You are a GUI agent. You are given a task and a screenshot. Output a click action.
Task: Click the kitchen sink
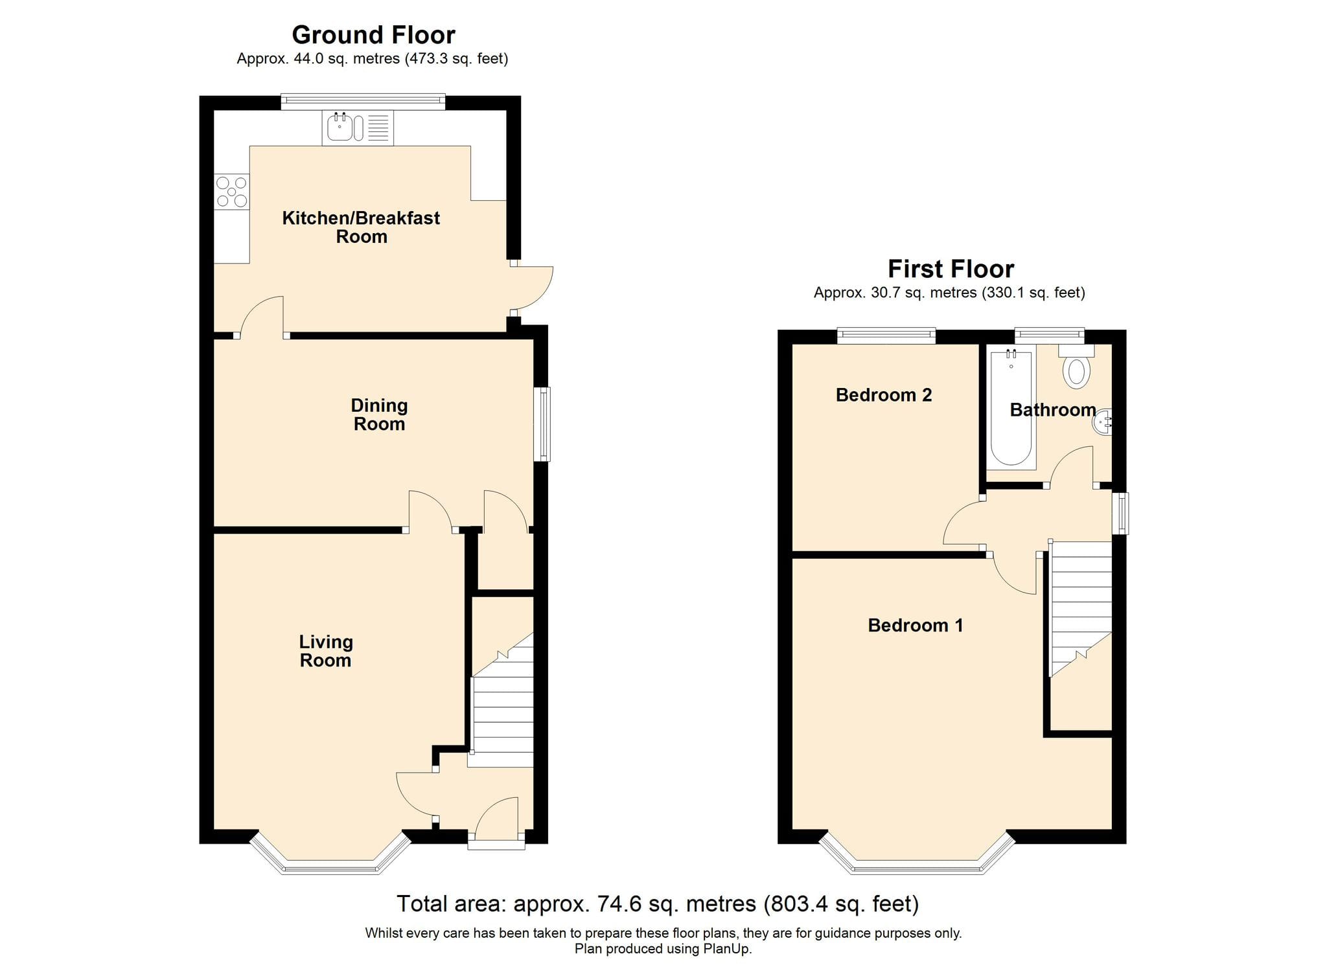[358, 128]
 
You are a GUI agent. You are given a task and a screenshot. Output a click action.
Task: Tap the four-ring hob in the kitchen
[231, 192]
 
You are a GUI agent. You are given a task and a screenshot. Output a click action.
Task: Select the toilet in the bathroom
[1076, 367]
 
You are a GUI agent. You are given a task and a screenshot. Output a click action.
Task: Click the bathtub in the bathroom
[1011, 407]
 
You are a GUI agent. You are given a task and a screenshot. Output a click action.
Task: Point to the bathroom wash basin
[1103, 422]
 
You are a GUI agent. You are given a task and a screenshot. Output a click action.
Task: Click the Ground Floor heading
[373, 34]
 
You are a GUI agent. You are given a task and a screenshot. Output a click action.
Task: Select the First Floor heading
[951, 268]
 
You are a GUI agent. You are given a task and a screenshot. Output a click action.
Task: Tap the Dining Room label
[379, 414]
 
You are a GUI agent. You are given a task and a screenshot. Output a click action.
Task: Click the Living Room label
[326, 651]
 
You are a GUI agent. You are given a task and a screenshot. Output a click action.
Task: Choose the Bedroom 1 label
[916, 625]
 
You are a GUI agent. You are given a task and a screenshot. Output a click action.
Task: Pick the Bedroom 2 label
[884, 395]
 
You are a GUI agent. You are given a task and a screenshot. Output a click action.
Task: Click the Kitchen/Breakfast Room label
[361, 227]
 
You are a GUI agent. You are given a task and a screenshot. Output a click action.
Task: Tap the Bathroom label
[1053, 410]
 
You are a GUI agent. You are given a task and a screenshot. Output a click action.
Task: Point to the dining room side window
[542, 424]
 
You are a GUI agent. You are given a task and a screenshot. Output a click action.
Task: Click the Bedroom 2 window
[886, 335]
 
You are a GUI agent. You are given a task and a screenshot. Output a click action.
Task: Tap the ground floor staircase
[502, 701]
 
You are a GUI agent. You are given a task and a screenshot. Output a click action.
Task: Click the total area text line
[658, 903]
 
